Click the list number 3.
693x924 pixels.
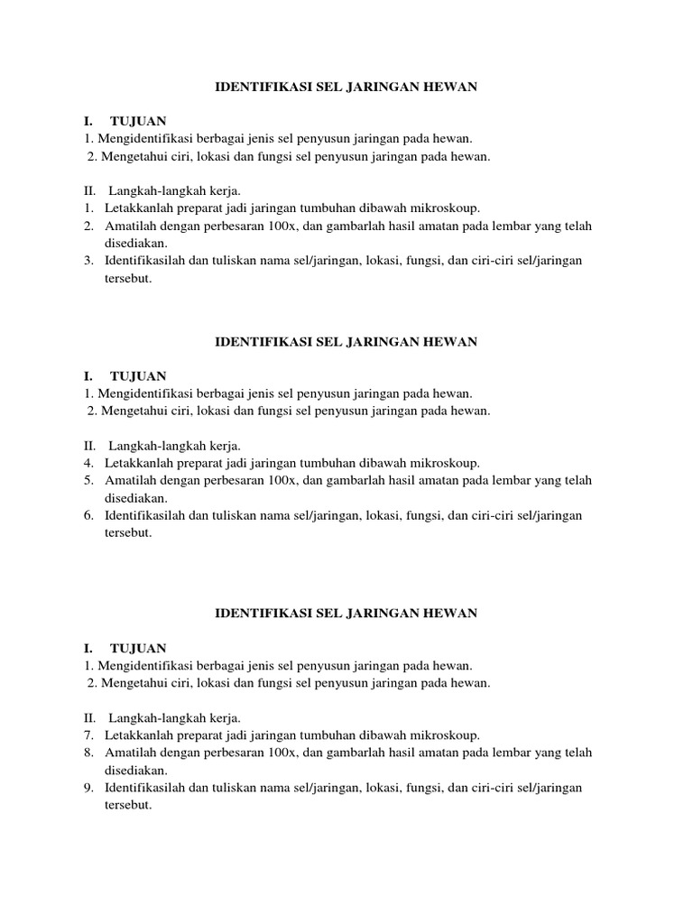click(88, 261)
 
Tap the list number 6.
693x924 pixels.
click(88, 515)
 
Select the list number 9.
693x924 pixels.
click(88, 788)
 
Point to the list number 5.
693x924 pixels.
click(88, 480)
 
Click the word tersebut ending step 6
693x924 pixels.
click(128, 532)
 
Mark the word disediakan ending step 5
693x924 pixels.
click(136, 497)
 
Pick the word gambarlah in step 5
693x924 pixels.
click(359, 480)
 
